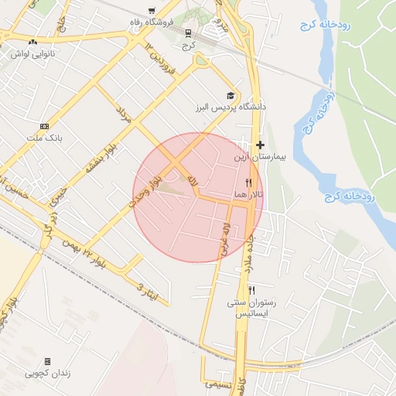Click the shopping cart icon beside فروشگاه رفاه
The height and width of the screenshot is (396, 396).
152,12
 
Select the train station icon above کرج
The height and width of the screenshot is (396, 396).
189,33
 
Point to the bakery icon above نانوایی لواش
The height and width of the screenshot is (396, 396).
32,43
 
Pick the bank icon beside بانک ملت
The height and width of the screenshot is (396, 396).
44,126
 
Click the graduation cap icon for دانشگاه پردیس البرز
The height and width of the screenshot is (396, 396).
230,94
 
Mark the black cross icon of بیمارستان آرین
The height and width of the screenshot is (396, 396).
260,145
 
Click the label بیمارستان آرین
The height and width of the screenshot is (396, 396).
260,156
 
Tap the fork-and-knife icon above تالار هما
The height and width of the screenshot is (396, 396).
248,183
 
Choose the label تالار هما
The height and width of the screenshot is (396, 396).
248,194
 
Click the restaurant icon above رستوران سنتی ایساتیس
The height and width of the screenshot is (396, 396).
251,289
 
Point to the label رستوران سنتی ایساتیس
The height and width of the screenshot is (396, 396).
251,308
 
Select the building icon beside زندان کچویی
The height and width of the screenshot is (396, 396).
47,361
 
